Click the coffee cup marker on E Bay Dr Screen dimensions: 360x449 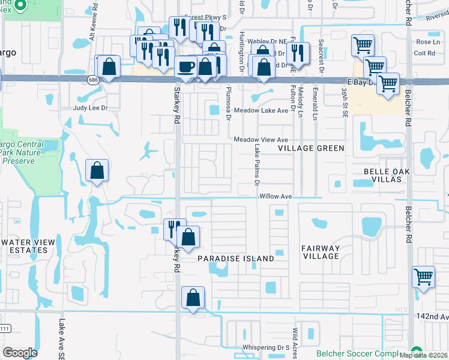click(x=187, y=65)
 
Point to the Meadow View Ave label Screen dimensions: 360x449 click(x=261, y=139)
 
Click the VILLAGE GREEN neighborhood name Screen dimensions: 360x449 click(x=312, y=148)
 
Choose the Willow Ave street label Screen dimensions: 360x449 click(x=276, y=196)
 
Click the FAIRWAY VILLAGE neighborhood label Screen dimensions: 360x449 click(x=321, y=252)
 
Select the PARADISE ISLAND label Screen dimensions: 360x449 click(x=236, y=259)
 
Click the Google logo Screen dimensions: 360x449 click(x=20, y=353)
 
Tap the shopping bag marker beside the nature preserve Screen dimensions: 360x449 click(x=97, y=171)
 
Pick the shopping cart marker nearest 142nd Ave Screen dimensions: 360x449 click(x=423, y=277)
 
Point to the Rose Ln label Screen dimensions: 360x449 click(x=427, y=42)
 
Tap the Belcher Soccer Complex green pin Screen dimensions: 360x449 click(x=416, y=352)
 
